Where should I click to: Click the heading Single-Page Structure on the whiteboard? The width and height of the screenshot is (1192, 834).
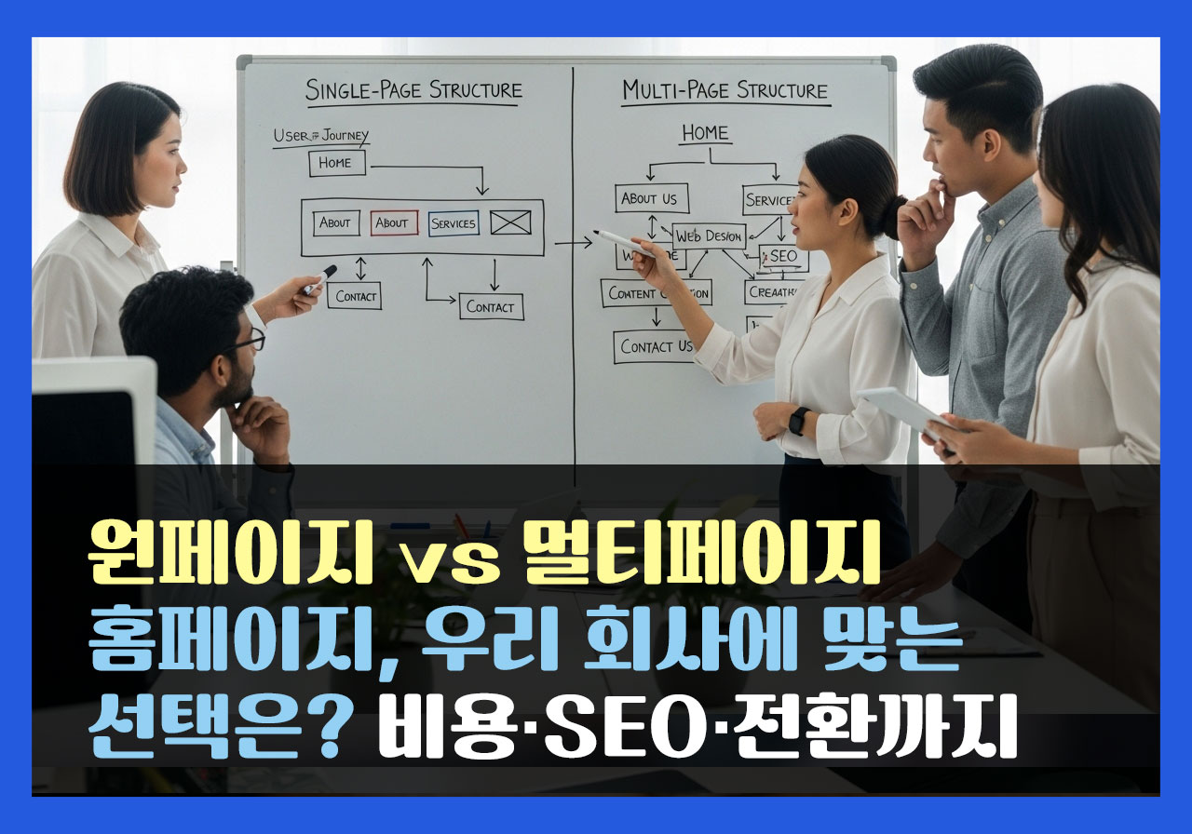tap(413, 91)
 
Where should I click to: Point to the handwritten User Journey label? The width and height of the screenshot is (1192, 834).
tap(320, 136)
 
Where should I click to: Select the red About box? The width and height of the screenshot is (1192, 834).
tap(391, 223)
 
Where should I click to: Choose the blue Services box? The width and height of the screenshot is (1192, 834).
tap(454, 223)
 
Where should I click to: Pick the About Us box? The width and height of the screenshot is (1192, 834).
tap(650, 198)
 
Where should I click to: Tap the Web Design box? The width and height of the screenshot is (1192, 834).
tap(709, 236)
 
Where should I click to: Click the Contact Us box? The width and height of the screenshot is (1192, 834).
tap(657, 346)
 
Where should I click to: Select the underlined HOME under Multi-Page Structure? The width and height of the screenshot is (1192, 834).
tap(705, 133)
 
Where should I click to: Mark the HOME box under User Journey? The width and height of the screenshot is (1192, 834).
tap(336, 163)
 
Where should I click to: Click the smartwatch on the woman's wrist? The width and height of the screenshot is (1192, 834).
tap(798, 421)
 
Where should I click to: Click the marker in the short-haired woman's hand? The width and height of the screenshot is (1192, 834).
tap(319, 279)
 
